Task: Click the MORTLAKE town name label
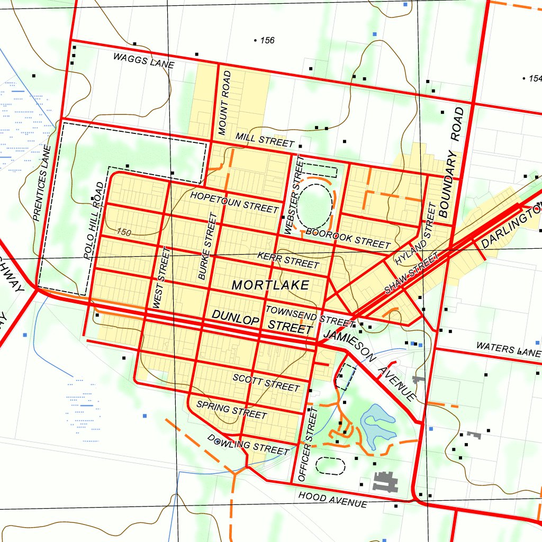tap(270, 285)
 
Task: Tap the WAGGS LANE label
tap(143, 61)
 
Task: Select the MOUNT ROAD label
tap(225, 102)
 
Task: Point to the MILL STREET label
tap(265, 140)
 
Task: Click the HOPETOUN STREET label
tap(234, 202)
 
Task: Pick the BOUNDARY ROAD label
tap(451, 162)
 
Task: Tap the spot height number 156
tap(267, 40)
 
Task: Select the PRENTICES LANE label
tap(41, 183)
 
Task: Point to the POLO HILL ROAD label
tap(95, 220)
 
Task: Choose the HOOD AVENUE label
tap(332, 499)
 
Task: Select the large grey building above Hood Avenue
tap(386, 481)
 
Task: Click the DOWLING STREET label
tap(249, 445)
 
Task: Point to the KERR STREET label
tap(288, 260)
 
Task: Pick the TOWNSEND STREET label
tap(310, 316)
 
